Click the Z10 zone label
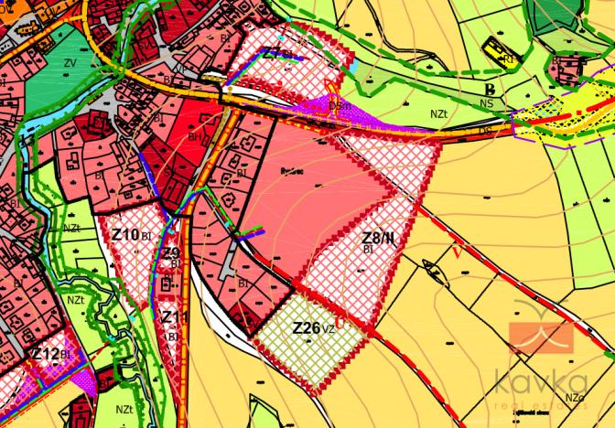coord(125,235)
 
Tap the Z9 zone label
coord(171,254)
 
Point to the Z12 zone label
coord(47,355)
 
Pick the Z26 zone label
coord(307,327)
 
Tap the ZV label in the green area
coord(70,63)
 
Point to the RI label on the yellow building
coord(507,59)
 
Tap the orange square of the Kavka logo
coord(540,337)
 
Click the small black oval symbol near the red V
coord(431,268)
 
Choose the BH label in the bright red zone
coord(195,135)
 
